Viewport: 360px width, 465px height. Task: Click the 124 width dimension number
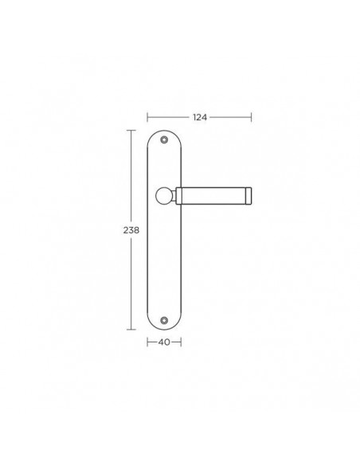tap(200, 117)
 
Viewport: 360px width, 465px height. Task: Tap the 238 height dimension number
tap(131, 230)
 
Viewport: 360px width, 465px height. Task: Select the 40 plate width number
tap(164, 342)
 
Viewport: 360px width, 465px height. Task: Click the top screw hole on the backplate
tap(164, 139)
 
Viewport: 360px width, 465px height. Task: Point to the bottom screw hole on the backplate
tap(164, 320)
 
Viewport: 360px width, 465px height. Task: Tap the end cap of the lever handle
tap(248, 196)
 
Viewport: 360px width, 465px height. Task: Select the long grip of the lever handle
tap(213, 196)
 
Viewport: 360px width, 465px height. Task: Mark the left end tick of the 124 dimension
tap(147, 117)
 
